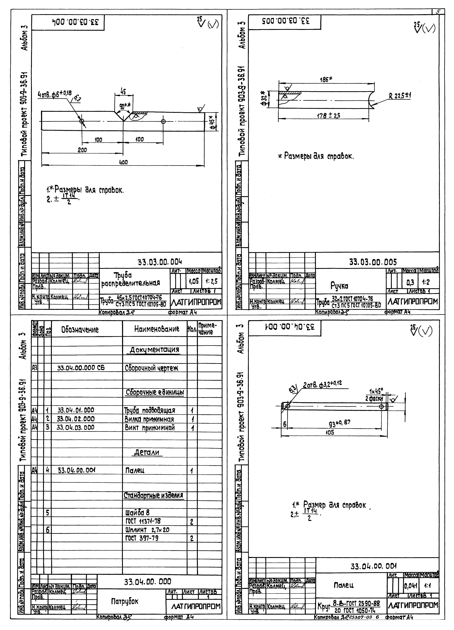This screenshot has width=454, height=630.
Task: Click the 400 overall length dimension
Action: click(123, 162)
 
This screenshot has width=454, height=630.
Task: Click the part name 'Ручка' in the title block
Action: click(339, 286)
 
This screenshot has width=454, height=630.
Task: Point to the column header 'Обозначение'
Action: click(80, 330)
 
